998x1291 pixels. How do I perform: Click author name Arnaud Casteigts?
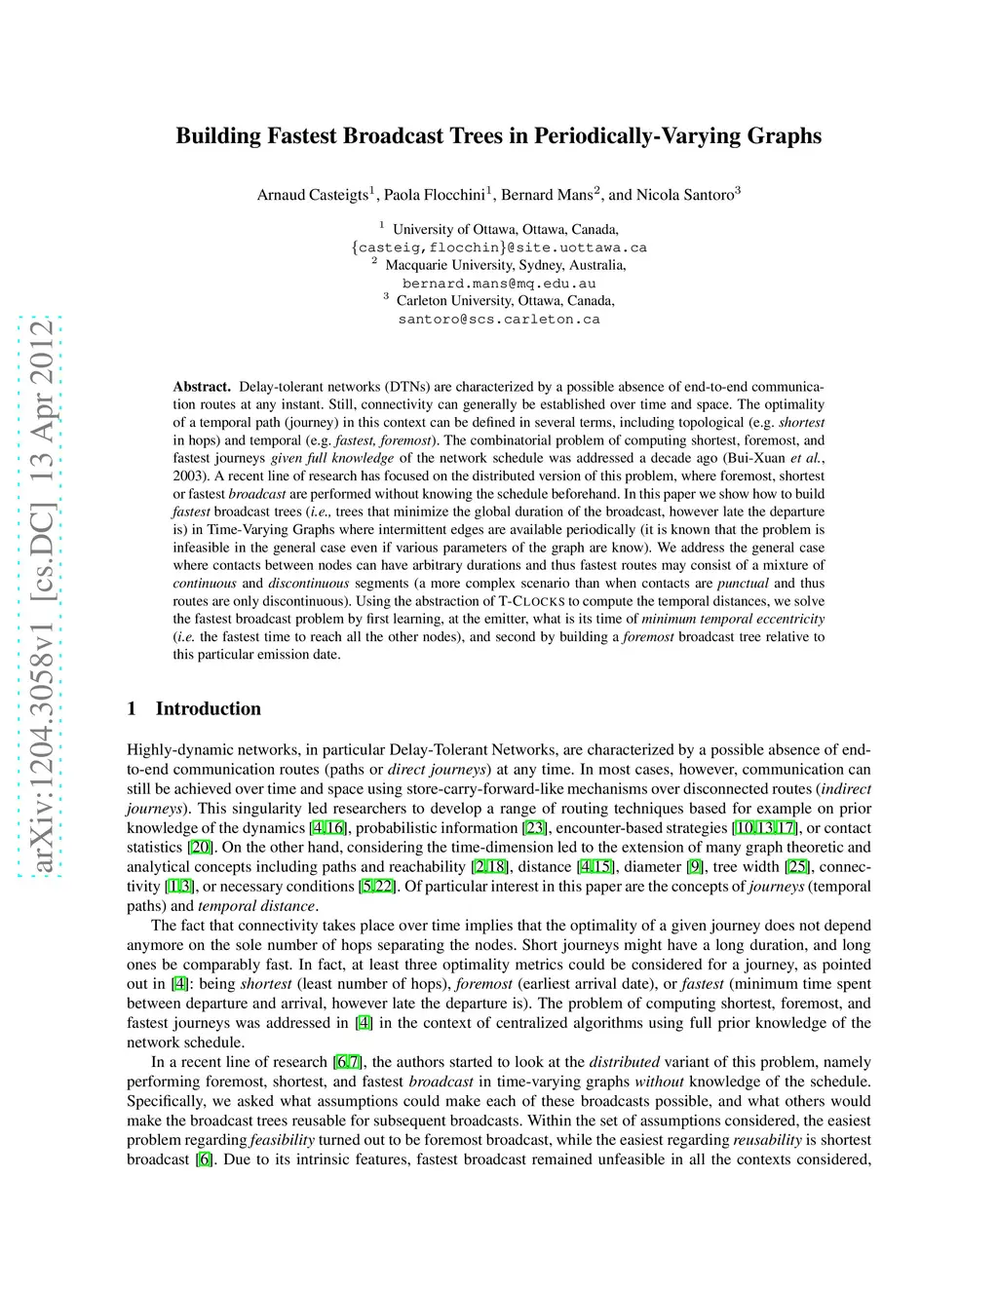click(312, 195)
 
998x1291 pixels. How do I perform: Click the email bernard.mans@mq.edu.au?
click(499, 284)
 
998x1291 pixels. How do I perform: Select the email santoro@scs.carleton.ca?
click(499, 320)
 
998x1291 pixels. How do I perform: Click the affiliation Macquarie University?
click(453, 265)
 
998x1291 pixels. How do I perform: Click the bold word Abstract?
click(202, 387)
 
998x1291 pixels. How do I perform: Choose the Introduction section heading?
click(208, 708)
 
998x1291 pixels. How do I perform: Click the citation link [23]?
click(535, 828)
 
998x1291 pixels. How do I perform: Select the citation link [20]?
click(200, 848)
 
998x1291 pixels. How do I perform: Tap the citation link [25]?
click(798, 867)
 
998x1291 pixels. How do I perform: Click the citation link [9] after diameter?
click(695, 867)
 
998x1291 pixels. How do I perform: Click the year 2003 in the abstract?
click(189, 476)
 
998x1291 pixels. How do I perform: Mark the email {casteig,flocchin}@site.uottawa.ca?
click(499, 247)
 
